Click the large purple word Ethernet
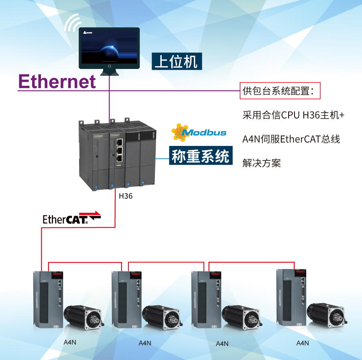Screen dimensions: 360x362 pos(57,81)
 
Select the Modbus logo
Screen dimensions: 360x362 pos(199,133)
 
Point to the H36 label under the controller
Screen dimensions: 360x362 pos(126,196)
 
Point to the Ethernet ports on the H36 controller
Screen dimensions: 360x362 pos(119,152)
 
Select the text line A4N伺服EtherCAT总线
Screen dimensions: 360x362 pos(291,139)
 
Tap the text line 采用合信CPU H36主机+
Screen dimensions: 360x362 pos(293,115)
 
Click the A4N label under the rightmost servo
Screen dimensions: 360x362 pos(303,343)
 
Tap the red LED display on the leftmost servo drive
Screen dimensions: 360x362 pos(57,275)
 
